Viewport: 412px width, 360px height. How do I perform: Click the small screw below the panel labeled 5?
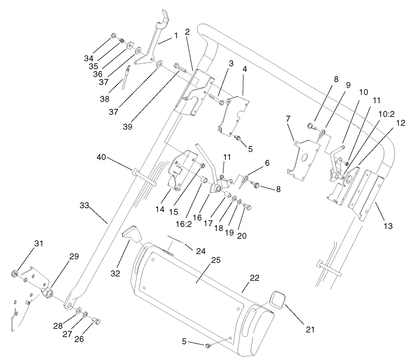coord(209,346)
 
